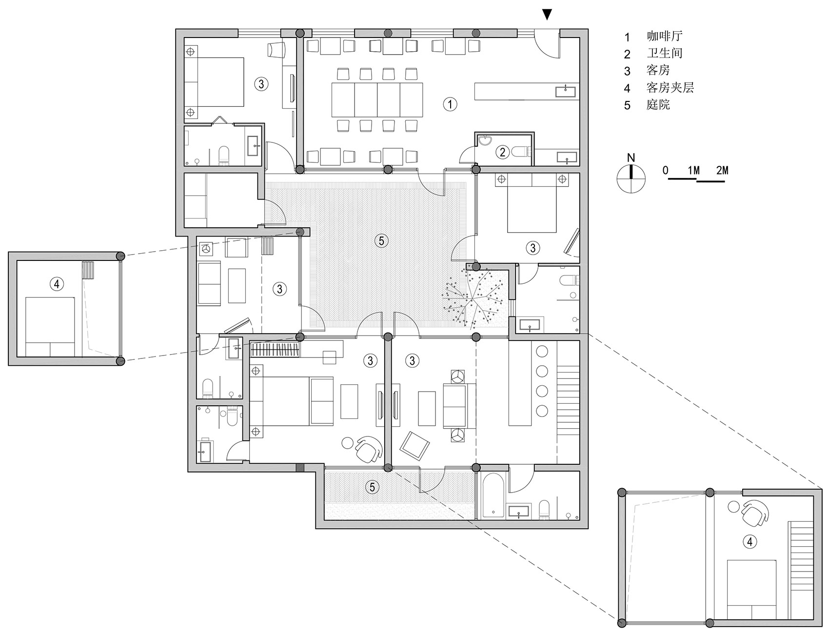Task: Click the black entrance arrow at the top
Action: pyautogui.click(x=548, y=15)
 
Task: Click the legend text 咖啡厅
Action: pyautogui.click(x=665, y=36)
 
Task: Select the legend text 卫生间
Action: pyautogui.click(x=665, y=53)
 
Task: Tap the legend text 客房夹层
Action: pyautogui.click(x=671, y=88)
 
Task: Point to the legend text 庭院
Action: pyautogui.click(x=659, y=105)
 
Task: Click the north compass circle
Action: pyautogui.click(x=631, y=178)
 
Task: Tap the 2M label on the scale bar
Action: pyautogui.click(x=722, y=170)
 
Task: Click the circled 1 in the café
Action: pyautogui.click(x=450, y=103)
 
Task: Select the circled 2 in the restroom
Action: pyautogui.click(x=503, y=152)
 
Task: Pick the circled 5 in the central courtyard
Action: pyautogui.click(x=381, y=240)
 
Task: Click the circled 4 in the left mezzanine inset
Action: pyautogui.click(x=57, y=283)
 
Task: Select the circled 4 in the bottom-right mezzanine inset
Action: pyautogui.click(x=750, y=541)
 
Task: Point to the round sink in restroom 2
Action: pyautogui.click(x=485, y=141)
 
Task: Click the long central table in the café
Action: pyautogui.click(x=377, y=99)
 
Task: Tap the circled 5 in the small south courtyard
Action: pyautogui.click(x=372, y=487)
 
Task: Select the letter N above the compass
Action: pyautogui.click(x=631, y=158)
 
